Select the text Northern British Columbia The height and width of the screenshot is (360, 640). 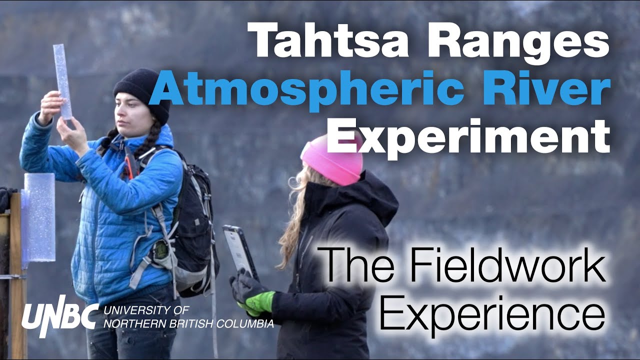(x=189, y=324)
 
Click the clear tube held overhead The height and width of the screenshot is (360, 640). (x=62, y=80)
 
